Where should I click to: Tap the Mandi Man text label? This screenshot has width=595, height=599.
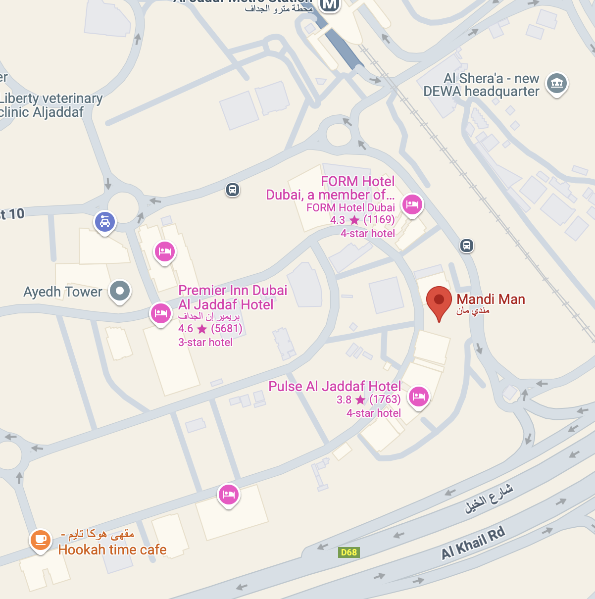click(491, 299)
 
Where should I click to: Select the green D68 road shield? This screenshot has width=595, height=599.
click(349, 552)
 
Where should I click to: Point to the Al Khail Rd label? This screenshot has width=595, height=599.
click(473, 543)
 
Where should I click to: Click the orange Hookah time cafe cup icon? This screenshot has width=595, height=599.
click(40, 539)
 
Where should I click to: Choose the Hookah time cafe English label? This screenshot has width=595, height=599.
click(112, 549)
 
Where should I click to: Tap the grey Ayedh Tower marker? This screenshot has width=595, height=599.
click(119, 291)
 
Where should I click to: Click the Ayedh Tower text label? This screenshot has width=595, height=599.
click(63, 292)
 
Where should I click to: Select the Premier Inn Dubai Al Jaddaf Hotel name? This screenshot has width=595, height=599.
click(232, 297)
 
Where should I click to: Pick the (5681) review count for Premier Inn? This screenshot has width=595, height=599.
click(227, 329)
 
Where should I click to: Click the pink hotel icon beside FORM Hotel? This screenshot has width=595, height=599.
click(412, 203)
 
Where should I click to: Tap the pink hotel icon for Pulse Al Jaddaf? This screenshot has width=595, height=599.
click(419, 396)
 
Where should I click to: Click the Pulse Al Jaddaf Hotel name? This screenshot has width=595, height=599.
click(335, 386)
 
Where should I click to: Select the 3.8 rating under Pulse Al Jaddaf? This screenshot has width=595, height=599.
click(344, 399)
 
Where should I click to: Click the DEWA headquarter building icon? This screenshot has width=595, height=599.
click(557, 83)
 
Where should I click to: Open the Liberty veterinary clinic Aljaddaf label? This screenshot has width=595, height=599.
click(50, 105)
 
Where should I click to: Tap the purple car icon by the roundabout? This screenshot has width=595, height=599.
click(105, 222)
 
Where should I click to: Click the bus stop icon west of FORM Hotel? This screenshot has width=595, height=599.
click(233, 190)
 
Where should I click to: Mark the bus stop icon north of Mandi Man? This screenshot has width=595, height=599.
click(467, 246)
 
